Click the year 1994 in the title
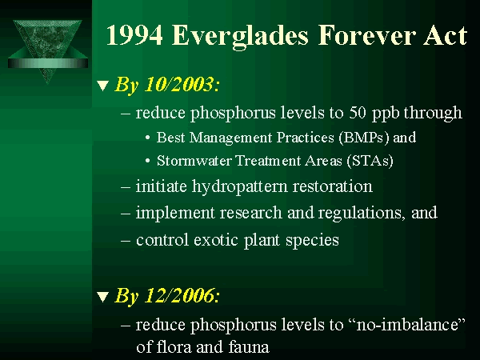point(134,35)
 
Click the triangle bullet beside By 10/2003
point(103,86)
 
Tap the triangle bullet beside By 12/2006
point(103,297)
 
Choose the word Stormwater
point(194,161)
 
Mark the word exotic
point(216,240)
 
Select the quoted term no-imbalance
point(407,324)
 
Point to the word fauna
point(249,347)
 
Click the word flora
point(172,347)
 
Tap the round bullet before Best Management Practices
point(148,138)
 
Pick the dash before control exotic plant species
point(126,240)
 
